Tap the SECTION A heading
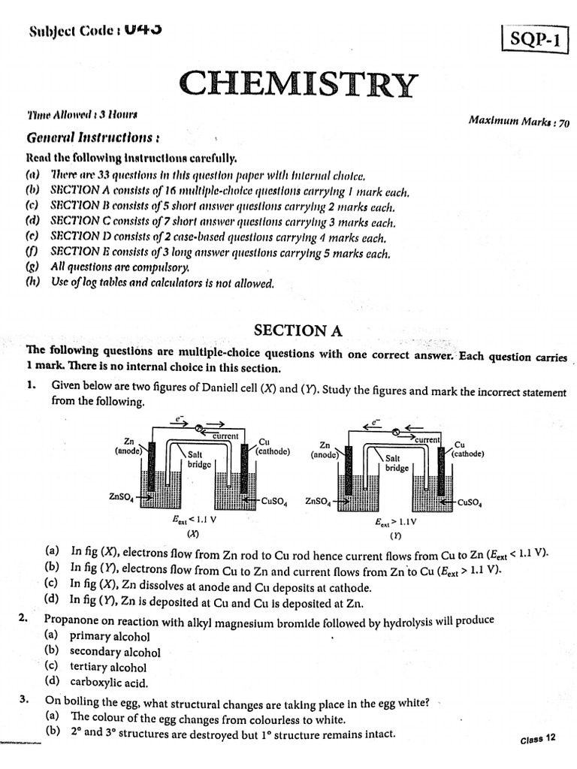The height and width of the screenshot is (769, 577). click(x=288, y=330)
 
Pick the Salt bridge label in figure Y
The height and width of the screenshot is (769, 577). click(x=397, y=462)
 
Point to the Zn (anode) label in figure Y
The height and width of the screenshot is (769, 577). click(x=325, y=450)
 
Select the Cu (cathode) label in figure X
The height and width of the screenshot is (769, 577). click(x=268, y=447)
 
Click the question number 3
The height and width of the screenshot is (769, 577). click(x=24, y=700)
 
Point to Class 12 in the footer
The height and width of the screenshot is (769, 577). click(x=537, y=739)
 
